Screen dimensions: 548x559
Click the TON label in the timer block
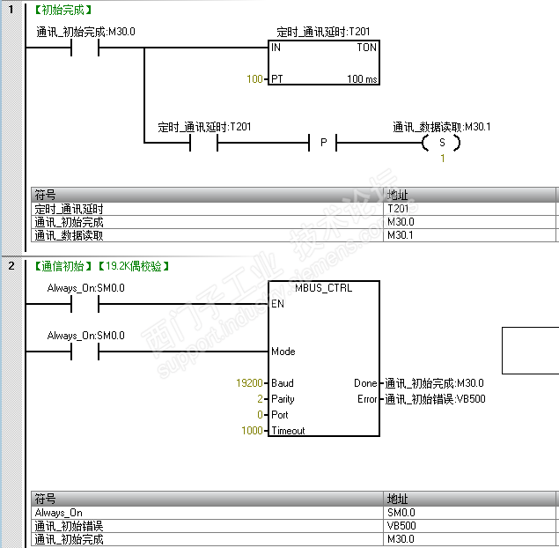pyautogui.click(x=366, y=48)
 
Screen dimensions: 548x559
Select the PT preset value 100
pyautogui.click(x=254, y=79)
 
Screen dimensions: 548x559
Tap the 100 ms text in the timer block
pyautogui.click(x=363, y=79)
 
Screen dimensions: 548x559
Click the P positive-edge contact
pyautogui.click(x=323, y=143)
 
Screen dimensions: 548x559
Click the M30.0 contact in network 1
pyautogui.click(x=85, y=48)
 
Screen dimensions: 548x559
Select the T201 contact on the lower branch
pyautogui.click(x=204, y=143)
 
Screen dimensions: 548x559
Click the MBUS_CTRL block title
pyautogui.click(x=323, y=288)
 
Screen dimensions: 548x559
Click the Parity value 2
pyautogui.click(x=261, y=399)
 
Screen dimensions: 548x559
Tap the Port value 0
pyautogui.click(x=261, y=415)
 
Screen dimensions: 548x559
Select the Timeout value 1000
pyautogui.click(x=253, y=431)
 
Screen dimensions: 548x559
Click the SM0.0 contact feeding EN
pyautogui.click(x=85, y=304)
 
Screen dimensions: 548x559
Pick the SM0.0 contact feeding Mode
pyautogui.click(x=85, y=352)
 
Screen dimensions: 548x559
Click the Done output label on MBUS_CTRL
pyautogui.click(x=366, y=383)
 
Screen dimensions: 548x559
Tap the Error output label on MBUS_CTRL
pyautogui.click(x=366, y=399)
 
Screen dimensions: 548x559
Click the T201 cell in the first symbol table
pyautogui.click(x=398, y=209)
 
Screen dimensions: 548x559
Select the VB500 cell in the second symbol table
pyautogui.click(x=401, y=526)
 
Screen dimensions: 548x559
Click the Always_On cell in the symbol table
pyautogui.click(x=59, y=512)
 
